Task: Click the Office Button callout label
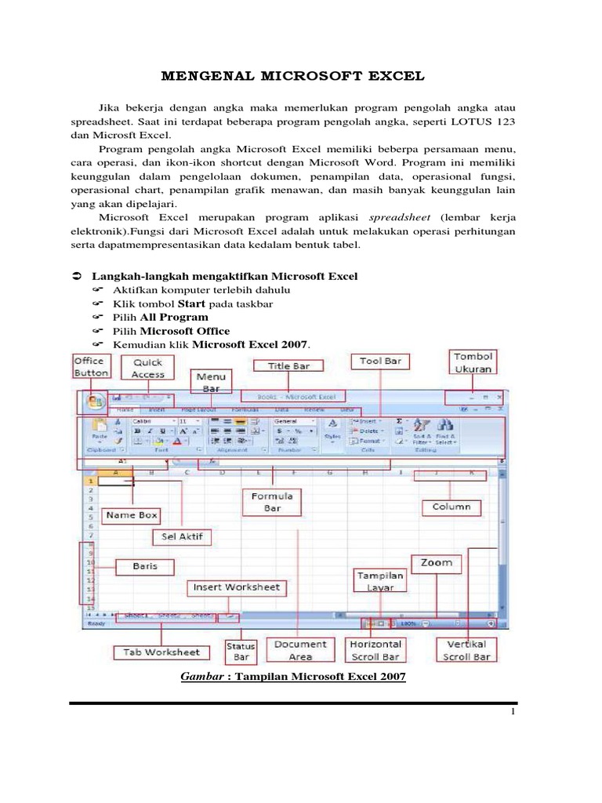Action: pyautogui.click(x=91, y=367)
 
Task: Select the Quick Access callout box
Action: pyautogui.click(x=148, y=369)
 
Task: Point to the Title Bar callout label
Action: pyautogui.click(x=290, y=366)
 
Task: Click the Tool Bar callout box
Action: pyautogui.click(x=380, y=362)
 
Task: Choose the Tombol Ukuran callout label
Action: pyautogui.click(x=473, y=362)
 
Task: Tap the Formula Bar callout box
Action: pyautogui.click(x=272, y=502)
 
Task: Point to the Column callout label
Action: pyautogui.click(x=451, y=507)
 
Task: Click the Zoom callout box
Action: pyautogui.click(x=437, y=563)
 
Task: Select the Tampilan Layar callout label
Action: pyautogui.click(x=381, y=581)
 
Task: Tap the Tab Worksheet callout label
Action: pyautogui.click(x=161, y=652)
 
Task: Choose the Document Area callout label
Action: pyautogui.click(x=299, y=650)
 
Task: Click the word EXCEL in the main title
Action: pyautogui.click(x=393, y=76)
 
